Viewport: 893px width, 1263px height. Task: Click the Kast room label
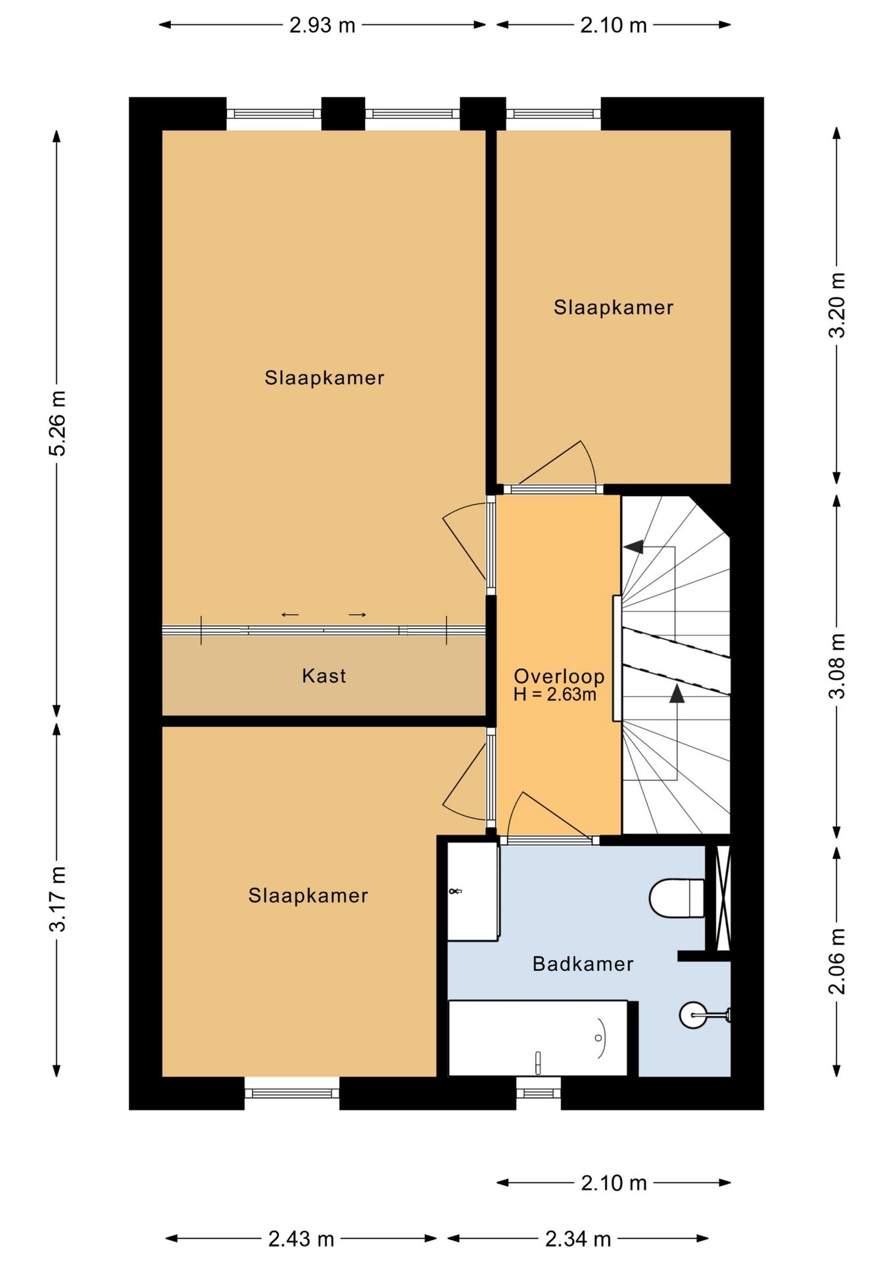pyautogui.click(x=324, y=676)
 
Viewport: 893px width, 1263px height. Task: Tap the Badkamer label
pyautogui.click(x=583, y=964)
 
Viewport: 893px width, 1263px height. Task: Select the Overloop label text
pyautogui.click(x=559, y=676)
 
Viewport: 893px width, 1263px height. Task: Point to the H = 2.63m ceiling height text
pyautogui.click(x=555, y=694)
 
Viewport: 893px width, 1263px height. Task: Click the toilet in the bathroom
pyautogui.click(x=677, y=897)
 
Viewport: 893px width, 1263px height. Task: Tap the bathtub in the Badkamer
pyautogui.click(x=538, y=1039)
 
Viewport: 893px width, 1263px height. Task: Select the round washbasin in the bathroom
pyautogui.click(x=693, y=1015)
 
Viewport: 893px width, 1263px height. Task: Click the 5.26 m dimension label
pyautogui.click(x=57, y=422)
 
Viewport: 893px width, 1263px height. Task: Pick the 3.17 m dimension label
pyautogui.click(x=57, y=899)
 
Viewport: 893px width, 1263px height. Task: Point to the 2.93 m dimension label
pyautogui.click(x=322, y=25)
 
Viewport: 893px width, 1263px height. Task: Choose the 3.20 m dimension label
pyautogui.click(x=836, y=305)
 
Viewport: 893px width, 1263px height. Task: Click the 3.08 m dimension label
pyautogui.click(x=836, y=665)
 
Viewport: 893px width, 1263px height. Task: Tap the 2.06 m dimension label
pyautogui.click(x=836, y=960)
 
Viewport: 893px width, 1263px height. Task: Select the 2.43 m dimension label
pyautogui.click(x=301, y=1239)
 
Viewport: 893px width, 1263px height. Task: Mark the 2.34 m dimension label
pyautogui.click(x=578, y=1239)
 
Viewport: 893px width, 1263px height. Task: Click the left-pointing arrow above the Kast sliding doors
pyautogui.click(x=290, y=615)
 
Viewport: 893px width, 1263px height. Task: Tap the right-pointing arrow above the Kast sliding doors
pyautogui.click(x=357, y=615)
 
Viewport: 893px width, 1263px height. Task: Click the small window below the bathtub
pyautogui.click(x=539, y=1093)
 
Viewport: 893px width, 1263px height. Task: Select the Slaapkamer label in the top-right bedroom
pyautogui.click(x=614, y=307)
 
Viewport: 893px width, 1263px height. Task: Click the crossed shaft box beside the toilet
pyautogui.click(x=723, y=897)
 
